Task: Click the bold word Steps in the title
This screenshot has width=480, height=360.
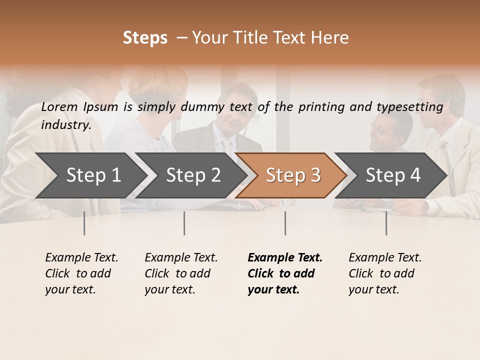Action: tap(145, 38)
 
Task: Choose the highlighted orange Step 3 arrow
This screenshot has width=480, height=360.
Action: tap(293, 175)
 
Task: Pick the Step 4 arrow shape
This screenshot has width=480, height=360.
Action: tap(393, 175)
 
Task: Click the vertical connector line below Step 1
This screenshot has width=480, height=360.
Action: tap(84, 223)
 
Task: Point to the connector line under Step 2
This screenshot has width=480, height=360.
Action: tap(184, 223)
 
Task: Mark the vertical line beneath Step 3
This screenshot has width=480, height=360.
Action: tap(285, 223)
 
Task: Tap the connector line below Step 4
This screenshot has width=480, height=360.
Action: tap(386, 223)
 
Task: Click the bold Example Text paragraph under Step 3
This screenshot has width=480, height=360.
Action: tap(285, 273)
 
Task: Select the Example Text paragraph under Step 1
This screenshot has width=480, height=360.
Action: tap(81, 273)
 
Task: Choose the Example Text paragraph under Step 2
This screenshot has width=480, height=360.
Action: tap(181, 273)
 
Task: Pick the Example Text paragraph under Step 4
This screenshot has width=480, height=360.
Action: tap(385, 273)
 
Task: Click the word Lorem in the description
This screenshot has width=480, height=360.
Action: tap(59, 106)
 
